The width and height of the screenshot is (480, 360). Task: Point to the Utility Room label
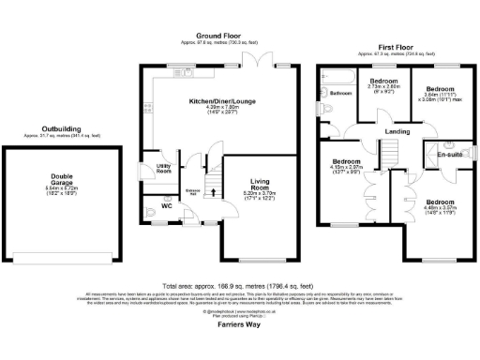coord(162,169)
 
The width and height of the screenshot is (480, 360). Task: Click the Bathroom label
coord(338,94)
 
